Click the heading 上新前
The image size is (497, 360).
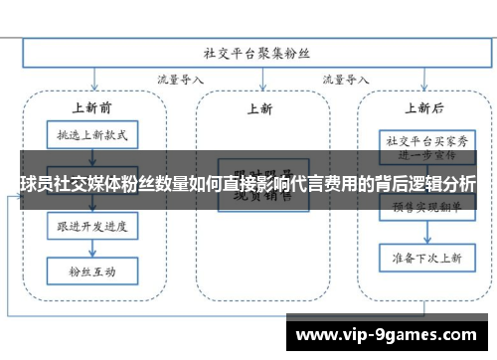coord(90,106)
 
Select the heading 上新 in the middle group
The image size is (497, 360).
coord(260,109)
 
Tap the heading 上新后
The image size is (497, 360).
coord(424,107)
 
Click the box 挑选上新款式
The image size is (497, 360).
coord(91,133)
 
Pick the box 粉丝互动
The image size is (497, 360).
coord(91,268)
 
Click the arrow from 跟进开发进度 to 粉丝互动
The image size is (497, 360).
coord(91,250)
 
